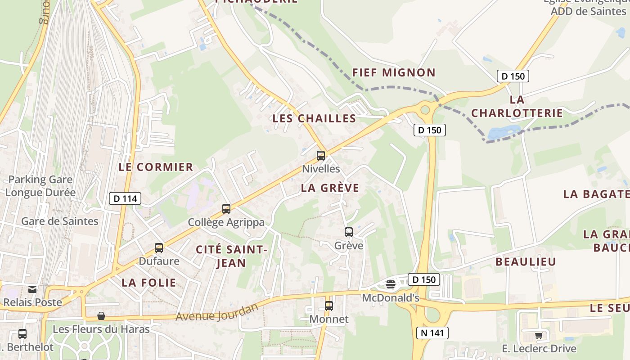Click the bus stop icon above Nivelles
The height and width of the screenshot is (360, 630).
[x=321, y=156]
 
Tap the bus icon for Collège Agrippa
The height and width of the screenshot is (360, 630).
[x=226, y=209]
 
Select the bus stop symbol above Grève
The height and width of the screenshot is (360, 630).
[x=349, y=232]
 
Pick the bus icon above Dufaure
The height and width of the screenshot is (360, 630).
[x=159, y=248]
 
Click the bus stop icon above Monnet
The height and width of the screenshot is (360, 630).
[x=329, y=306]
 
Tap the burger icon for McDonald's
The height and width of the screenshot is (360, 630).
[x=391, y=284]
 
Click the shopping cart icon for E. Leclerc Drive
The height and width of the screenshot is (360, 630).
[x=539, y=335]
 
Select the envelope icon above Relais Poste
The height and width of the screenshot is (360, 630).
[x=32, y=289]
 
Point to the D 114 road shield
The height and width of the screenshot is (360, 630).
[x=125, y=198]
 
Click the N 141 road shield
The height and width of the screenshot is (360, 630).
[x=432, y=333]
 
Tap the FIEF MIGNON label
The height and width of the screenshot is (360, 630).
[x=394, y=72]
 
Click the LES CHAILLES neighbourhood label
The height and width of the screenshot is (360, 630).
[x=314, y=118]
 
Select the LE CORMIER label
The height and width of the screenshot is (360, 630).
[x=156, y=167]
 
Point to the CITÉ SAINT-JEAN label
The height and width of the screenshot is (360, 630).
[x=232, y=256]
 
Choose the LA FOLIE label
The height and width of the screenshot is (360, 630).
[x=149, y=283]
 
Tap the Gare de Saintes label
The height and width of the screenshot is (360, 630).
[x=59, y=221]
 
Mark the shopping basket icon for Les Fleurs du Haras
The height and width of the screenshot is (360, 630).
[x=101, y=316]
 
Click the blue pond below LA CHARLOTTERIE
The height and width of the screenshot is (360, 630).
[x=503, y=132]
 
